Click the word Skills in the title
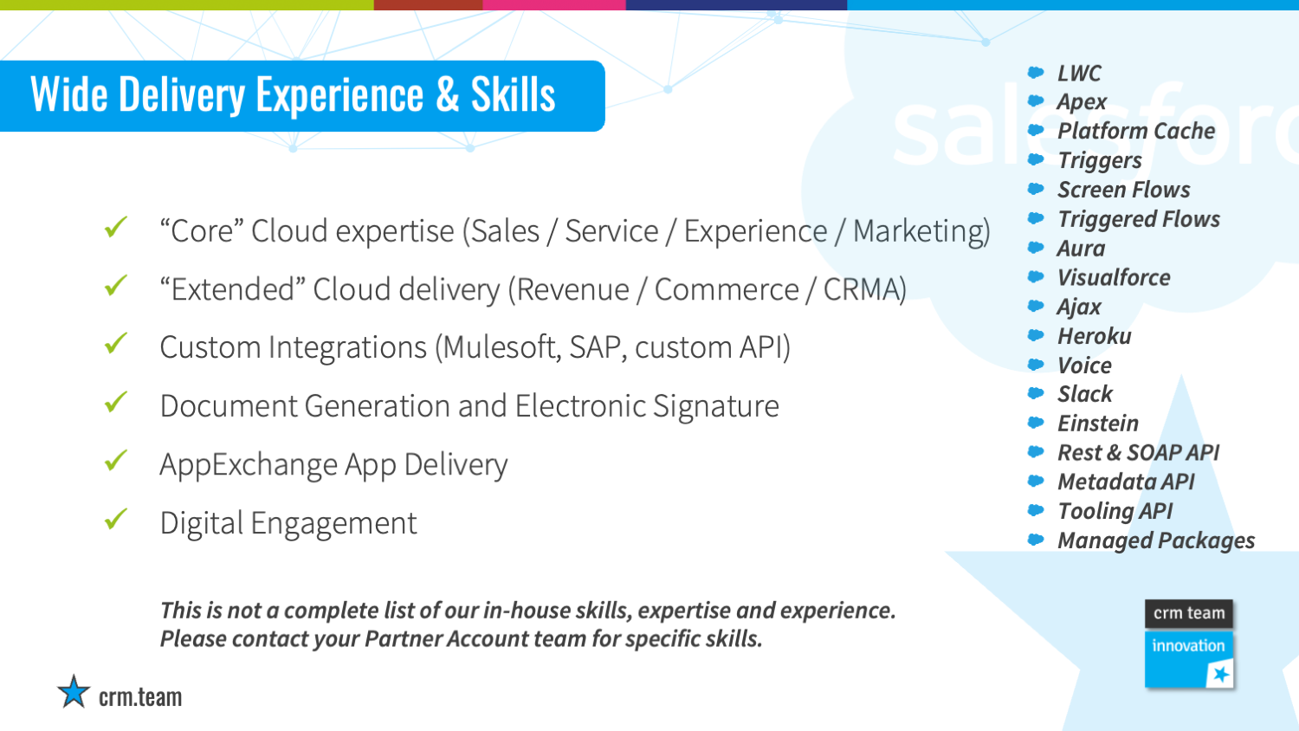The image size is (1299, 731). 513,94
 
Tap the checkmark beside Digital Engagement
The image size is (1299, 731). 115,519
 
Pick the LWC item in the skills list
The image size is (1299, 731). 1079,73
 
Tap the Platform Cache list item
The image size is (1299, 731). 1136,131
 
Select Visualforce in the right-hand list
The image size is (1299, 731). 1114,277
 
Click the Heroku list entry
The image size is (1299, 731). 1095,336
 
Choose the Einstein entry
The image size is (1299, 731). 1098,423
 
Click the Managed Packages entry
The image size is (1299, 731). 1156,540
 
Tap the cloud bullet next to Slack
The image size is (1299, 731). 1036,393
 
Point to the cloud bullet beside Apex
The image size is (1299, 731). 1036,101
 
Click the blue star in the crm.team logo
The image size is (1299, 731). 74,691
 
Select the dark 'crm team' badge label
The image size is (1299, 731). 1188,613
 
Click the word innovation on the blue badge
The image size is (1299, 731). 1188,645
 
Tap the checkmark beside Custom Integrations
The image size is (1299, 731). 115,344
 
